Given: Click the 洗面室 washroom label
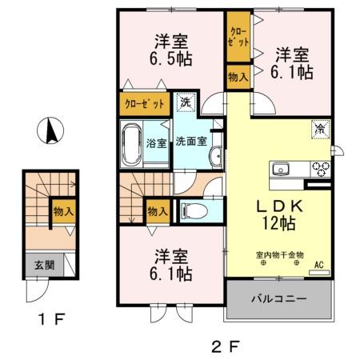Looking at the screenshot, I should (193, 142).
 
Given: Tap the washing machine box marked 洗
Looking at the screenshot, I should (185, 102).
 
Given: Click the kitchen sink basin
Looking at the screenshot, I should (282, 169).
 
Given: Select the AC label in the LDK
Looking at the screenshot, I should (318, 265).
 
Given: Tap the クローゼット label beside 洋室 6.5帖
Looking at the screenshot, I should (145, 103).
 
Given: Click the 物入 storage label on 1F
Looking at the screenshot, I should (64, 212).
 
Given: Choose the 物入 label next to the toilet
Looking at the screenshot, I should (158, 212).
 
